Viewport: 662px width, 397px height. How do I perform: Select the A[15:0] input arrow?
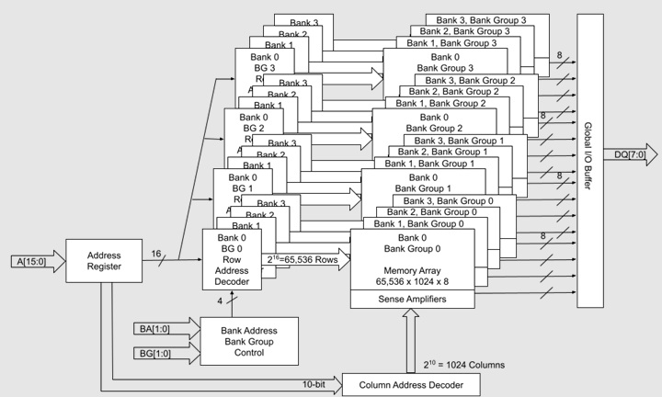point(36,261)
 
